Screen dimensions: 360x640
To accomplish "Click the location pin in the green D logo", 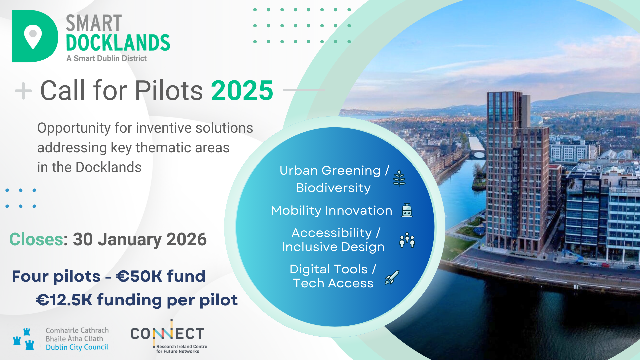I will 33,36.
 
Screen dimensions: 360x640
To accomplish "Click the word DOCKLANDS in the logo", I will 118,43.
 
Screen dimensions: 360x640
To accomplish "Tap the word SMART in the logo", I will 94,23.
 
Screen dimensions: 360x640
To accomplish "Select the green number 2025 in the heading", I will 242,90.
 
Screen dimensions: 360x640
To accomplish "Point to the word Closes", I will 36,239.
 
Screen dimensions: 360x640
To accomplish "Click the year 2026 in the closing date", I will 186,239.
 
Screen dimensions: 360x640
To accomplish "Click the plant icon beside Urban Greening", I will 399,178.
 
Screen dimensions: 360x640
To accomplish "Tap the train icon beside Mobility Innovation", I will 407,210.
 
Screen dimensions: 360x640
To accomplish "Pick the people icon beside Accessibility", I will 407,240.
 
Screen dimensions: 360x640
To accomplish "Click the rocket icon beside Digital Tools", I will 392,277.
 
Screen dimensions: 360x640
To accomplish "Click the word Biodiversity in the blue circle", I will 333,188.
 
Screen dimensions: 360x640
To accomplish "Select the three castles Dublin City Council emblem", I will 24,339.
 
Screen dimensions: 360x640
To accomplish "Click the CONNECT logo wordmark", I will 167,334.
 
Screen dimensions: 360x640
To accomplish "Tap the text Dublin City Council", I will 77,347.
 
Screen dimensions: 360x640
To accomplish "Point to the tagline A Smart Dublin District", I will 106,58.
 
